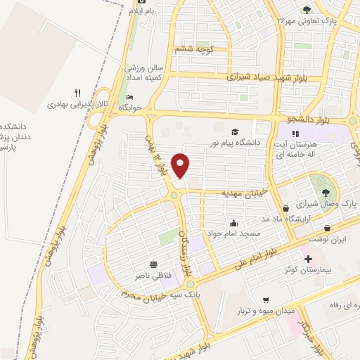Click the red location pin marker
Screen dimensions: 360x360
click(x=181, y=165)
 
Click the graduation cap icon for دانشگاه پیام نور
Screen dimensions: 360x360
click(x=235, y=131)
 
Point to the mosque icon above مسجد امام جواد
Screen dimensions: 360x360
click(x=233, y=223)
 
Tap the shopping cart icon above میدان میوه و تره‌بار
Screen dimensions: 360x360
click(x=266, y=298)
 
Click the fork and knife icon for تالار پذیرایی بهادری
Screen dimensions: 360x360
click(x=78, y=92)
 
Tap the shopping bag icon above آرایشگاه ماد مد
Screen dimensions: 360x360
click(x=285, y=209)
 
